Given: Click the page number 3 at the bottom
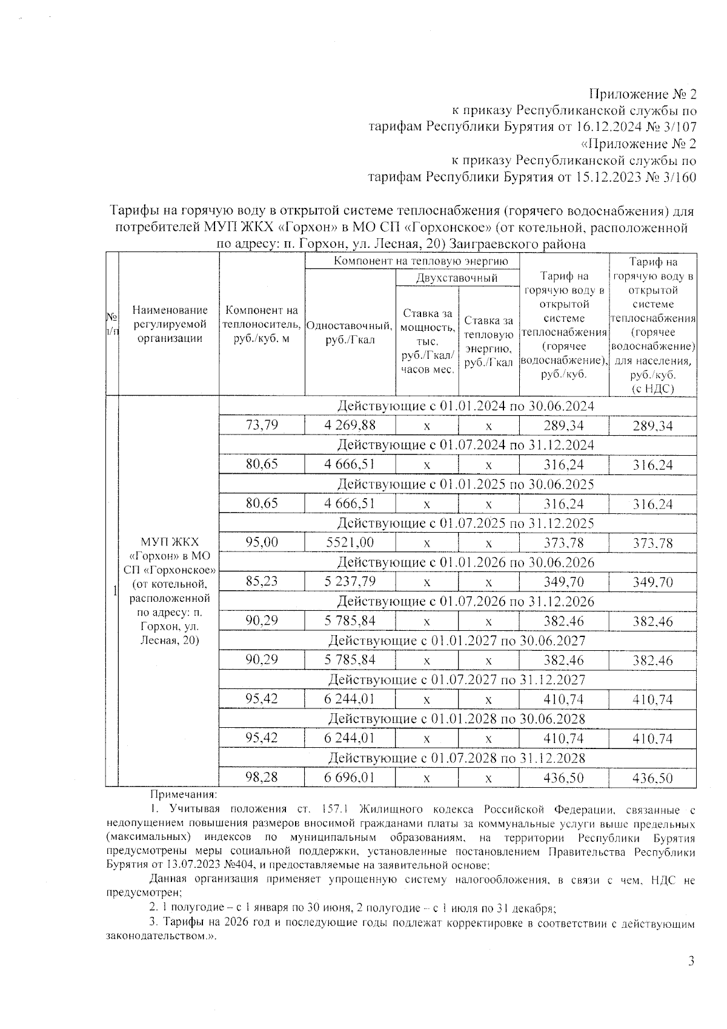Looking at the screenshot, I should coord(691,961).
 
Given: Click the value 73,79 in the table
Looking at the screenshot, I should coord(262,425).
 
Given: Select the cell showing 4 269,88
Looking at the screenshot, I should coord(350,425).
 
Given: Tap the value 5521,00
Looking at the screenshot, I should coord(350,542).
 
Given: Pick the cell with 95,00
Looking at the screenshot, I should coord(262,542).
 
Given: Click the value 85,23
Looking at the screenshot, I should coord(262,581).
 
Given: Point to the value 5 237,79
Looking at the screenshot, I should coord(350,581).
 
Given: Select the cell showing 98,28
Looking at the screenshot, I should coord(262,776).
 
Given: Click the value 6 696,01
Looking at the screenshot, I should coord(350,776).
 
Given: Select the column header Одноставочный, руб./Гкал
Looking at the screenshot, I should coord(350,332).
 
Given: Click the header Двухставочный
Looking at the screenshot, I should coord(457,278).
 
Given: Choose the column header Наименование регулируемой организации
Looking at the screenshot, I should coord(170,324).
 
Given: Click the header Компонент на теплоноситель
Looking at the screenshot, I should coord(262,324).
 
